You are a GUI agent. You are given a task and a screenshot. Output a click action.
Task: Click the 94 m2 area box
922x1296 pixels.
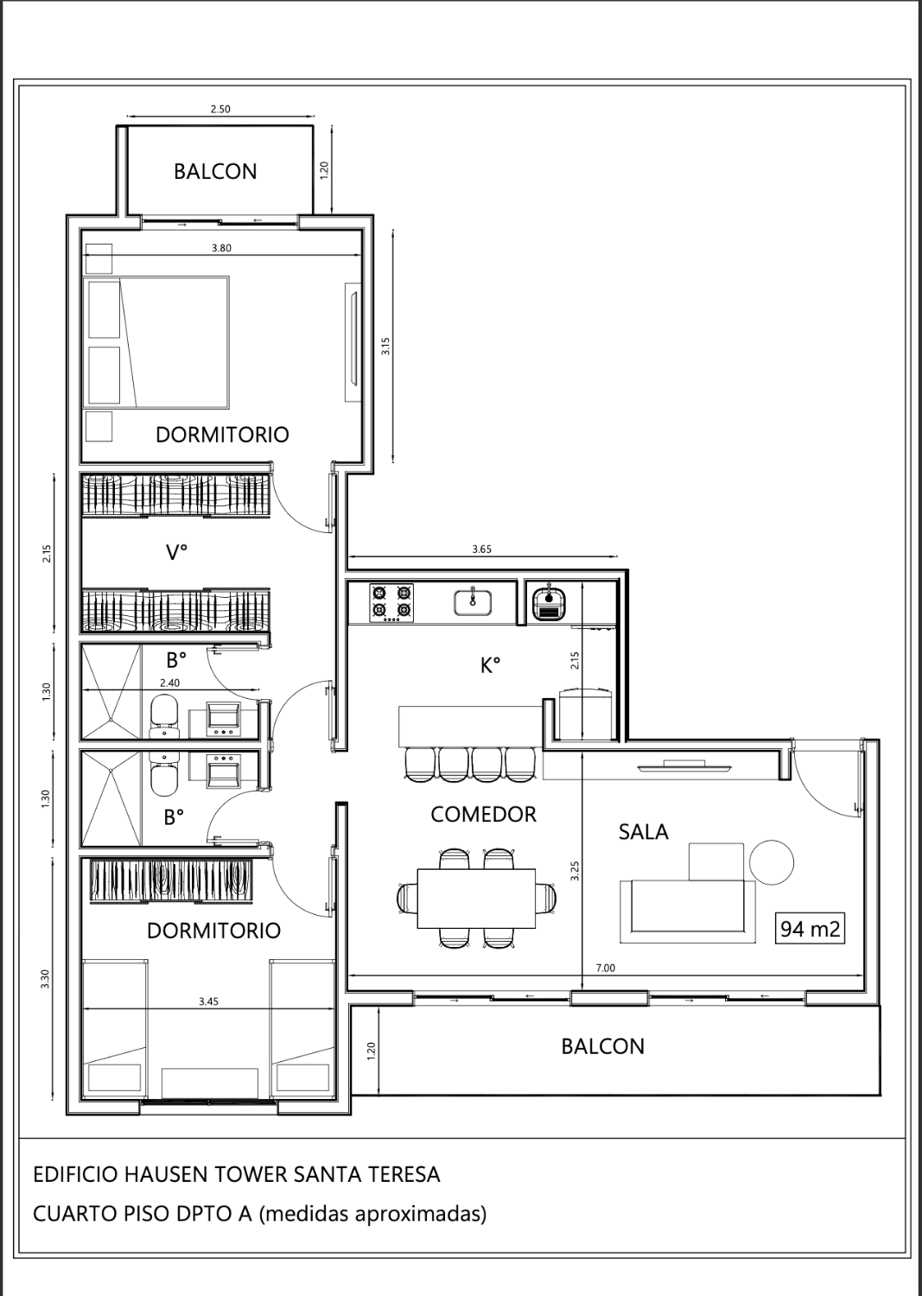coord(809,929)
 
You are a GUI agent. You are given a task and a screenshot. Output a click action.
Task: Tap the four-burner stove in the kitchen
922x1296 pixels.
coord(391,603)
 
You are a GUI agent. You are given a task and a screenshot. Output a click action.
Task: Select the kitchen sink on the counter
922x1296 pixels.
coord(473,601)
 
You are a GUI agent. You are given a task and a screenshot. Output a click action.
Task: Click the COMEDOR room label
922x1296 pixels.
coord(483,815)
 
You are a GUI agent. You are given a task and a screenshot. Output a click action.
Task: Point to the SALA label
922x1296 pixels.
coord(643,832)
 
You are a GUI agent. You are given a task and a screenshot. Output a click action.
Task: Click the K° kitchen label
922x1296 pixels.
coord(490,666)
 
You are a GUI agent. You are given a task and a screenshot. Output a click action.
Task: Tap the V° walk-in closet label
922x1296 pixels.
coord(177,553)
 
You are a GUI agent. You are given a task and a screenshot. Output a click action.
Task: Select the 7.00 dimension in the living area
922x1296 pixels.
coord(606,968)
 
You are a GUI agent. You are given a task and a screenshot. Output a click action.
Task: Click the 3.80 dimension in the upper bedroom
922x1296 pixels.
coord(221,248)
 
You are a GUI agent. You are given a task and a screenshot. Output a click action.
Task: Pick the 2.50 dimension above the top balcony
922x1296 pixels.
coord(220,109)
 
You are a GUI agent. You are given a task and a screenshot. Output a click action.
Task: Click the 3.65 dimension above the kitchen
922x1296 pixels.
coord(481,549)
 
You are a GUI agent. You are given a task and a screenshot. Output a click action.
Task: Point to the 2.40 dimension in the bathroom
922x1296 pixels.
coord(169,683)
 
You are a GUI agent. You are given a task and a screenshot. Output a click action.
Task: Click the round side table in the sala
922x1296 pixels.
coord(772,862)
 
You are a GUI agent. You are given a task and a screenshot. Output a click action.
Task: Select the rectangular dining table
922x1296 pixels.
coord(476,898)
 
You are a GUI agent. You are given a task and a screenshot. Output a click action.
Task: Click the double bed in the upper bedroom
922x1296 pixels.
coord(157,342)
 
